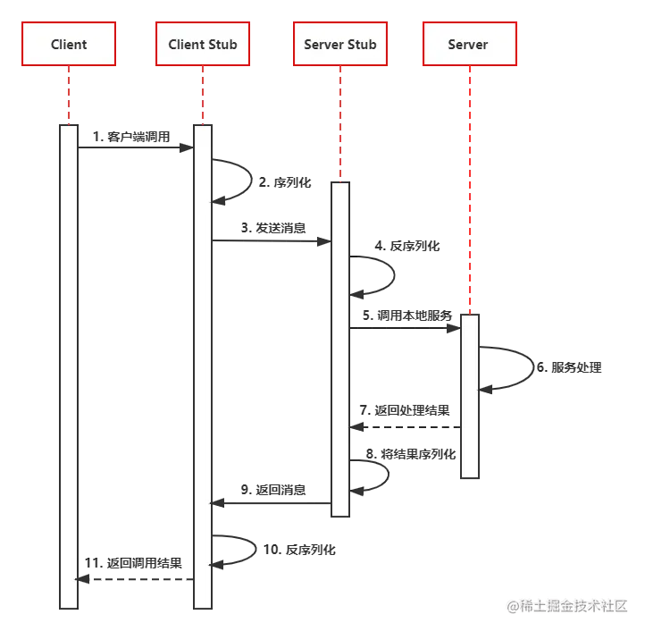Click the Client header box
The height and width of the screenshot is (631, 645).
pyautogui.click(x=69, y=44)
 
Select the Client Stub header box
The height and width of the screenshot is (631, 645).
pyautogui.click(x=203, y=44)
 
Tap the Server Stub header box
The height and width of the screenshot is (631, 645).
pyautogui.click(x=340, y=44)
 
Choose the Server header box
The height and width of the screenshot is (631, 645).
pyautogui.click(x=468, y=44)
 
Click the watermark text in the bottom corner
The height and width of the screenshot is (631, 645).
pyautogui.click(x=567, y=605)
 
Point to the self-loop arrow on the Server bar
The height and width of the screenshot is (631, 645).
pyautogui.click(x=509, y=367)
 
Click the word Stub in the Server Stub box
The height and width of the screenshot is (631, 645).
pyautogui.click(x=362, y=44)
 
